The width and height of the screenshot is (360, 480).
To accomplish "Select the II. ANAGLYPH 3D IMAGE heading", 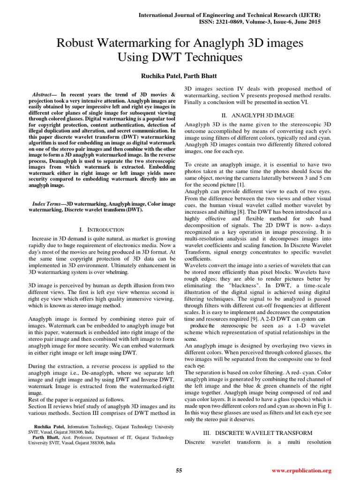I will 258,115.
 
